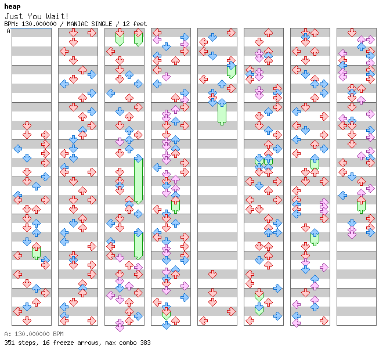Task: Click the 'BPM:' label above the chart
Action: pyautogui.click(x=10, y=24)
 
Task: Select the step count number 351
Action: pyautogui.click(x=9, y=343)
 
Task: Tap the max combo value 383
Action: pyautogui.click(x=145, y=343)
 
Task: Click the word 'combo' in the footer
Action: pyautogui.click(x=125, y=343)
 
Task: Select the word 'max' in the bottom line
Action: pyautogui.click(x=107, y=343)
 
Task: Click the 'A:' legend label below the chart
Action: pyautogui.click(x=7, y=334)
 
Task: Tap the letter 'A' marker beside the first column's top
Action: pyautogui.click(x=9, y=31)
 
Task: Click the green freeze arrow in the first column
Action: pyautogui.click(x=36, y=251)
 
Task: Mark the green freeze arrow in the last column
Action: pyautogui.click(x=361, y=204)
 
